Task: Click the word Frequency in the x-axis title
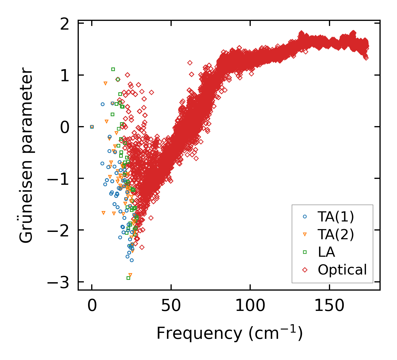199,333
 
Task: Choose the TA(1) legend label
336,217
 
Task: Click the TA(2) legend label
336,234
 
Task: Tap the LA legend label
326,252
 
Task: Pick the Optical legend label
342,270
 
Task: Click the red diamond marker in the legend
305,270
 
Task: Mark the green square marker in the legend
305,252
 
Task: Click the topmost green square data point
113,69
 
